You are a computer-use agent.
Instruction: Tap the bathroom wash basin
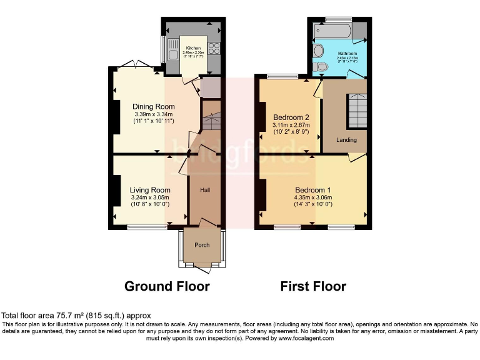pos(318,50)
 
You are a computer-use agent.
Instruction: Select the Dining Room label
pos(153,107)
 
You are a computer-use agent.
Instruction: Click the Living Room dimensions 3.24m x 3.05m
pos(150,198)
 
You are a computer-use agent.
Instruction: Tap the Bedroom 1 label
pos(312,190)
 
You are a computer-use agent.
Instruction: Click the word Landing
pos(346,139)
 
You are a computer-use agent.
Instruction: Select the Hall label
pos(204,189)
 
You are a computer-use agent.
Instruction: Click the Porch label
pos(202,245)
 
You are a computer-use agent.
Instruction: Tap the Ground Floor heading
pos(167,286)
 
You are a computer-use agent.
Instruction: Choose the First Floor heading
pos(312,286)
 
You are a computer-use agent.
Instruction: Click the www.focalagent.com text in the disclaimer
pos(305,338)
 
